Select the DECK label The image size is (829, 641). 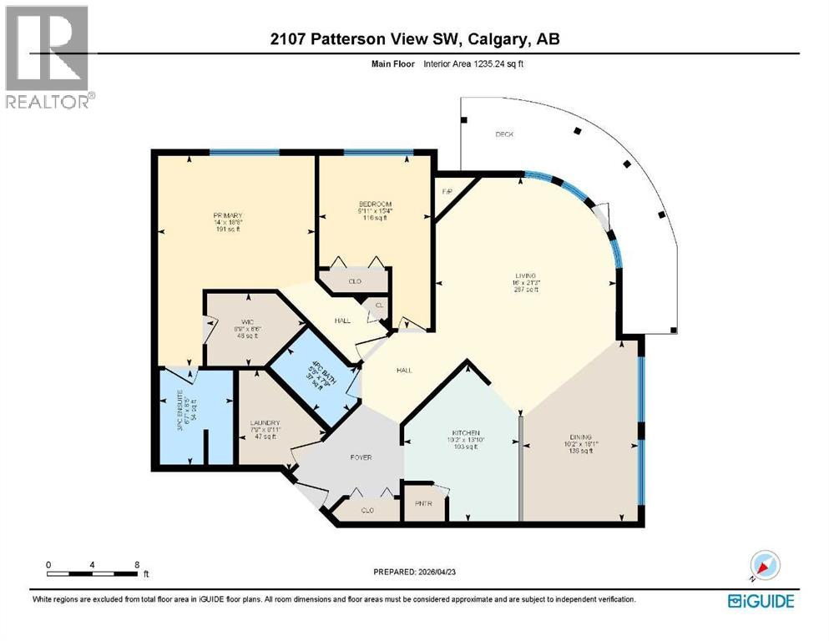(x=503, y=134)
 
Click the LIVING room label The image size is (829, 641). (x=527, y=275)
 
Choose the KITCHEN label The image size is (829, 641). (x=465, y=433)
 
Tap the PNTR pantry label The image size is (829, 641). (x=423, y=504)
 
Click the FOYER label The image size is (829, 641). (x=361, y=457)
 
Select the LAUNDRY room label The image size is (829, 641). (x=265, y=423)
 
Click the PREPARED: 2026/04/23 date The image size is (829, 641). (x=417, y=572)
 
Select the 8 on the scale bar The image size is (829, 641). (x=137, y=564)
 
